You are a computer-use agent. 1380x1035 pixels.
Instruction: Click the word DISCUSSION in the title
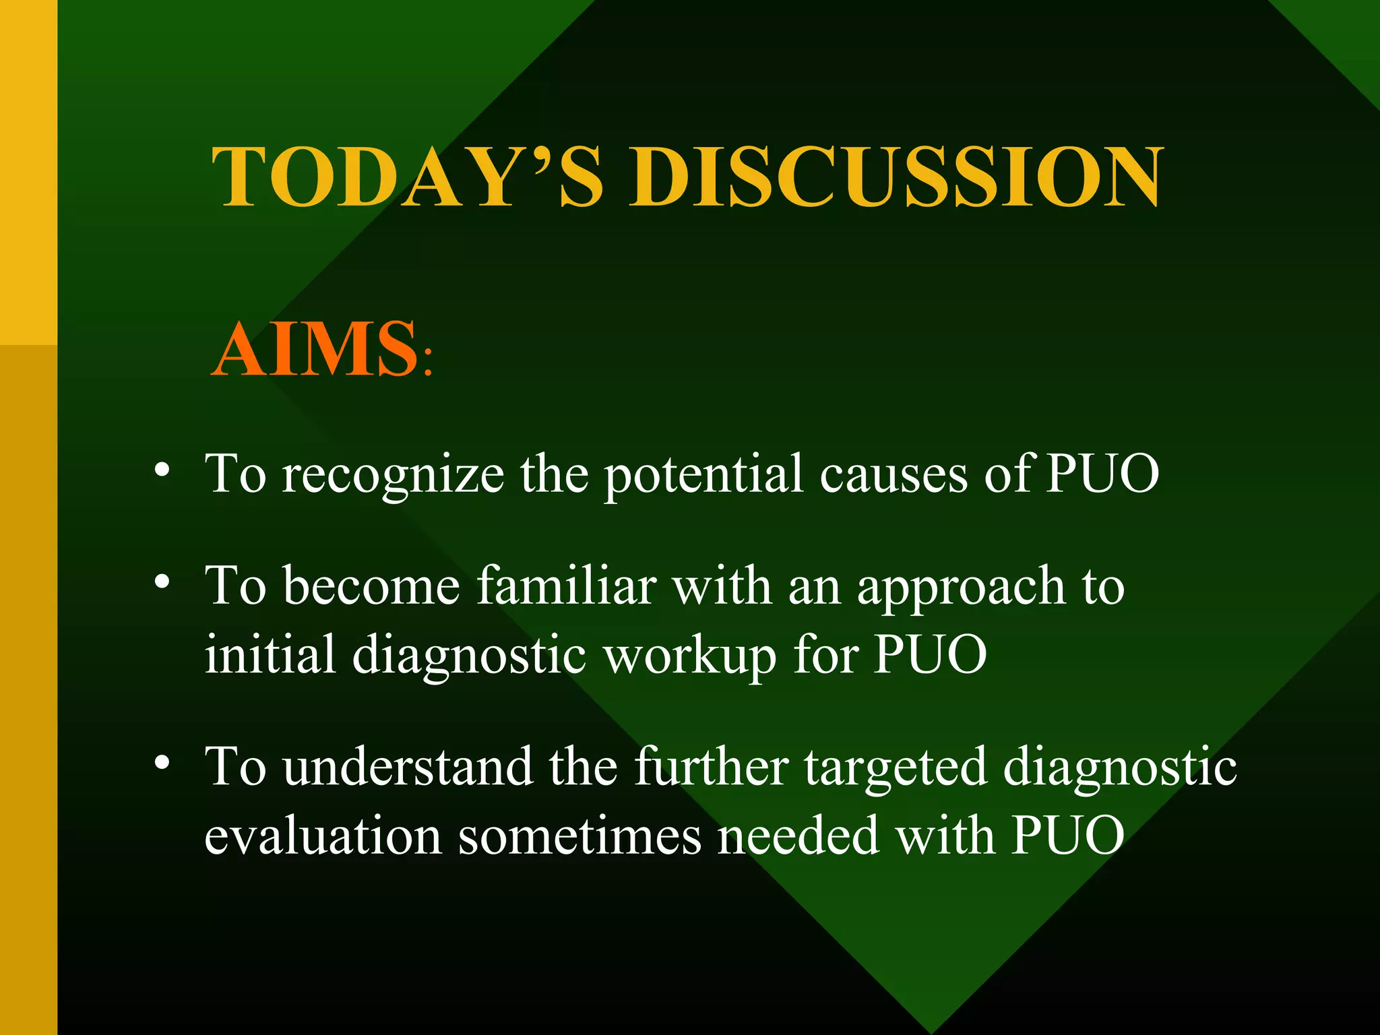click(896, 177)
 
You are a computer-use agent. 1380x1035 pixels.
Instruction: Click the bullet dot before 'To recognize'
click(161, 470)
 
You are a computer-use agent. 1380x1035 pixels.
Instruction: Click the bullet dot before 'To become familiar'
click(161, 582)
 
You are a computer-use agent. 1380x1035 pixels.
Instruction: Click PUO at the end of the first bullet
click(1102, 474)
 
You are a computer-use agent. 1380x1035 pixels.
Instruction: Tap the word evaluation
click(323, 836)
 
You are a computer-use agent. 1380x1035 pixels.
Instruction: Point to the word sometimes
click(579, 836)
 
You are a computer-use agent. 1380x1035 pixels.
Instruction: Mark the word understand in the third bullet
click(408, 767)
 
